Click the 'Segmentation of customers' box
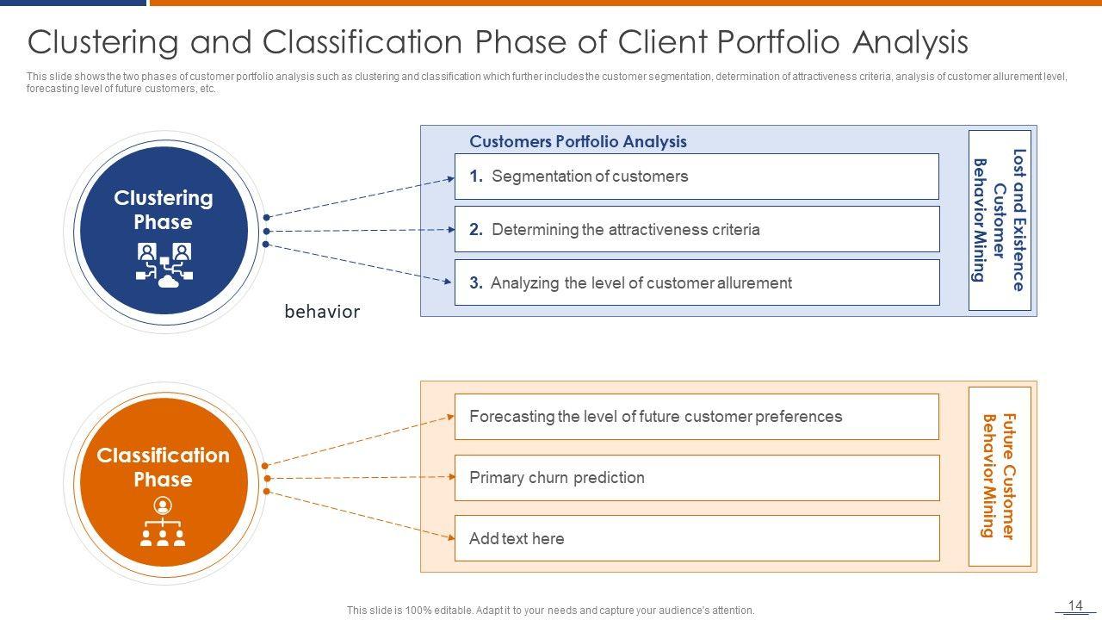coord(696,177)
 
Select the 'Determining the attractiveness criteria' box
coord(696,229)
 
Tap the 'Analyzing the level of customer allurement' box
coord(696,282)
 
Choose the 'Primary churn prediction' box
coord(696,478)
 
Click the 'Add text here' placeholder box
coord(696,538)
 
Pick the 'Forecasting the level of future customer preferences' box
coord(696,417)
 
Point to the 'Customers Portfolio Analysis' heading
coord(578,142)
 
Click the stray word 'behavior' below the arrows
coord(322,312)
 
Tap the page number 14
coord(1075,605)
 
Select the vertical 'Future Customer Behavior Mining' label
coord(1000,476)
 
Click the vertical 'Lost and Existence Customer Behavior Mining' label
coord(1000,220)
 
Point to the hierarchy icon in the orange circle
coord(163,522)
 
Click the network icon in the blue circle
coord(164,264)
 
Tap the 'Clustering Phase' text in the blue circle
coord(164,209)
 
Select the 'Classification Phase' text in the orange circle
coord(164,467)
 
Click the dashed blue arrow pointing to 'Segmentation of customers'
coord(360,198)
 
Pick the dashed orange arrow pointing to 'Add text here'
coord(360,515)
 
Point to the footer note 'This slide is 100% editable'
coord(550,611)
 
